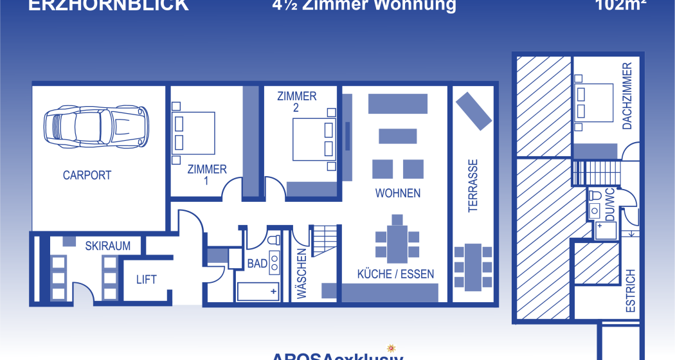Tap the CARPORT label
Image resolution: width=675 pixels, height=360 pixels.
(87, 175)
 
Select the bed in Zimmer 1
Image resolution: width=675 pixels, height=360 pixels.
(194, 133)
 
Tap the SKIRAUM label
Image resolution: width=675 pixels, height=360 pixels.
(108, 246)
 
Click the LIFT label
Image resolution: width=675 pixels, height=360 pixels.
(147, 280)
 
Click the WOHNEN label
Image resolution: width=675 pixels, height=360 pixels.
(398, 193)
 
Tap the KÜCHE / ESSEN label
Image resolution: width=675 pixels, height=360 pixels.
(395, 274)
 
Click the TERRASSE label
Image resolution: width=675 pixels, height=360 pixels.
(473, 186)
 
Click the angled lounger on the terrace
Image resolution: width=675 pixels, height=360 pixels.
(473, 110)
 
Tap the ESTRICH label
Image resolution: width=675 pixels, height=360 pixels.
(631, 291)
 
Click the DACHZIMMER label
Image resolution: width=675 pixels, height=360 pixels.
(627, 96)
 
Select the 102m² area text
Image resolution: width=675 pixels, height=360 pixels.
(620, 5)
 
